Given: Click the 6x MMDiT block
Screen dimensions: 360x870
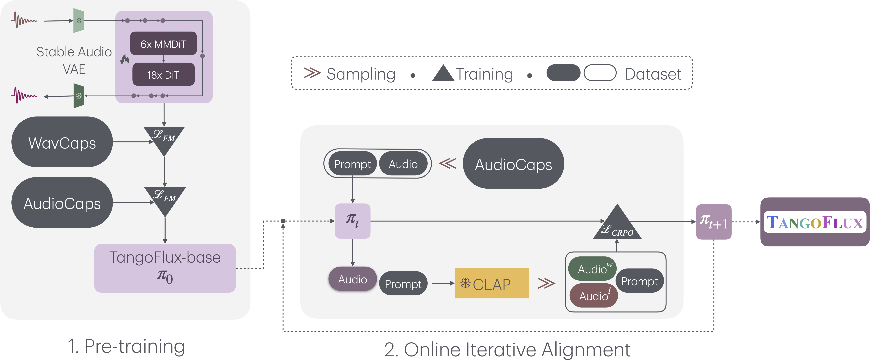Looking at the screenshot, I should point(163,44).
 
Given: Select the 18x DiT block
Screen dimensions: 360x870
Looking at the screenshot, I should point(163,75).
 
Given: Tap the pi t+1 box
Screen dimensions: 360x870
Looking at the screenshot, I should point(714,222).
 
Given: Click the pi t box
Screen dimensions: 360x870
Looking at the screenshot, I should point(353,221).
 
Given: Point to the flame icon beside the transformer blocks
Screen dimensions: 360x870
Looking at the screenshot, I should point(125,59).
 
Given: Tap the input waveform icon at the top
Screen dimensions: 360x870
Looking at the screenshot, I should point(24,20).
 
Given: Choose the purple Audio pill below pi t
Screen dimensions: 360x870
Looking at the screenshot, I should point(353,279).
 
